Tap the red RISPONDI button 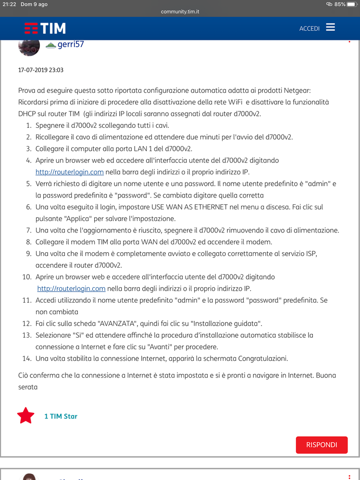pos(322,445)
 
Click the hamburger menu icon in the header pos(330,27)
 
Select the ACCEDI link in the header pos(309,28)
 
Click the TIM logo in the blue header pos(45,28)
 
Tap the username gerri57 pos(71,44)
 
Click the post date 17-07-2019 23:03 pos(41,70)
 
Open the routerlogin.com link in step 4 pos(70,172)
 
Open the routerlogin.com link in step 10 pos(71,289)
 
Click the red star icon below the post pos(25,416)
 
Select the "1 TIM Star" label pos(61,416)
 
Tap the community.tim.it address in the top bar pos(180,12)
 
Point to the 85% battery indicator pos(340,4)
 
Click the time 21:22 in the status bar pos(8,4)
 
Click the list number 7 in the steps pos(29,231)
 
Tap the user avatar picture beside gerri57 pos(29,46)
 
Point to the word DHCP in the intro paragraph pos(27,113)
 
